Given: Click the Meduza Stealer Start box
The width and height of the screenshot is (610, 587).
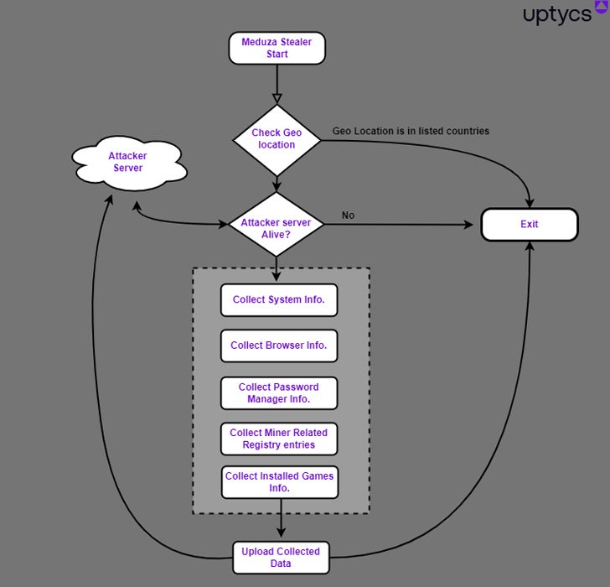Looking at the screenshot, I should click(277, 48).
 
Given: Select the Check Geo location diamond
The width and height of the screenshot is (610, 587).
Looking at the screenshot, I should click(277, 139).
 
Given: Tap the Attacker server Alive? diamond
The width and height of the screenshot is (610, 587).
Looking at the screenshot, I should click(277, 224).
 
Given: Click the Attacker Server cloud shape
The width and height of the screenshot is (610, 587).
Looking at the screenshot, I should click(127, 163).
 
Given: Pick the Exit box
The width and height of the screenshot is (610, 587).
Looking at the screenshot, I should click(529, 225).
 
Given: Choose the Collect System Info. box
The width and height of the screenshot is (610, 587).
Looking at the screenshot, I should click(279, 300).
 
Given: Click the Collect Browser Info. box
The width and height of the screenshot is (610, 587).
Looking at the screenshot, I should click(279, 345).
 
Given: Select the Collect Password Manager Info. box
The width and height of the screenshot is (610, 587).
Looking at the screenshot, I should click(279, 393).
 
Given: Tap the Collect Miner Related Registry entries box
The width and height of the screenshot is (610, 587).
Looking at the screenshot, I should click(279, 439).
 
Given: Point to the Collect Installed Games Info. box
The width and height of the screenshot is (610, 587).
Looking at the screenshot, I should click(279, 482).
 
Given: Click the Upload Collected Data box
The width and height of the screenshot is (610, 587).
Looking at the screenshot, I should click(281, 558).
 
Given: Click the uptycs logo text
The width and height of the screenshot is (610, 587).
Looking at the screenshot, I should click(557, 16).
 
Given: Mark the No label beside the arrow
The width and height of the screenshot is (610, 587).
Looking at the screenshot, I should click(348, 216).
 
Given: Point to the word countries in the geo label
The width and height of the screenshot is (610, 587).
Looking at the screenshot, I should click(466, 131).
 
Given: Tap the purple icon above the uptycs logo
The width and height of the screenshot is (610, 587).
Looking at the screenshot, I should click(601, 7).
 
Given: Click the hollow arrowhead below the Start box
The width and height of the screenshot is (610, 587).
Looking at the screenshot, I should click(277, 98).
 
